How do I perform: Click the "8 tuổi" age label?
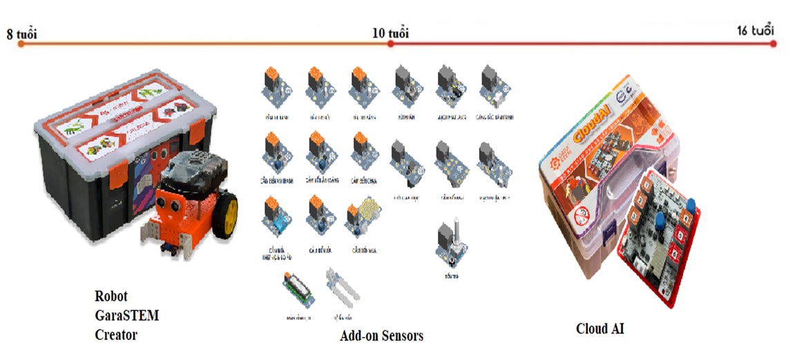[x=21, y=33]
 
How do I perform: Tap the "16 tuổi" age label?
[x=755, y=31]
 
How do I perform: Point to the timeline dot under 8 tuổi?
[x=21, y=44]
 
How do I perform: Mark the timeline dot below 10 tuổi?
[x=390, y=44]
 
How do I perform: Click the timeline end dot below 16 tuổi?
[x=774, y=44]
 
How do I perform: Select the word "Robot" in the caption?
[x=111, y=296]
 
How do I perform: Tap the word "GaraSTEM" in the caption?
[x=126, y=316]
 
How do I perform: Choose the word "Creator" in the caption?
[x=116, y=335]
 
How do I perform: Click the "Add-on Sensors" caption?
[x=381, y=337]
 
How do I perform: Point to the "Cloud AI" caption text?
[x=600, y=329]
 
